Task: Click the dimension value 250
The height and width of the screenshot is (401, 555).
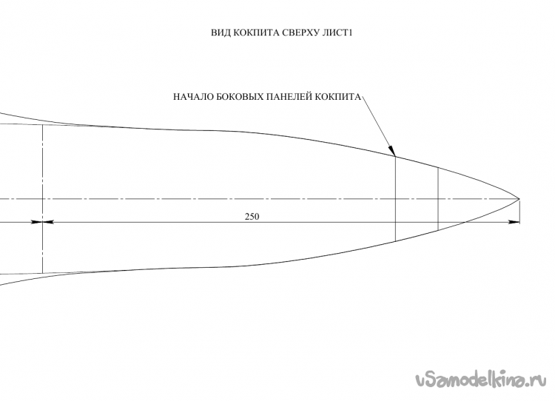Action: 252,217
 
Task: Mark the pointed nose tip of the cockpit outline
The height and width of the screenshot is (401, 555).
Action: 519,199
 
